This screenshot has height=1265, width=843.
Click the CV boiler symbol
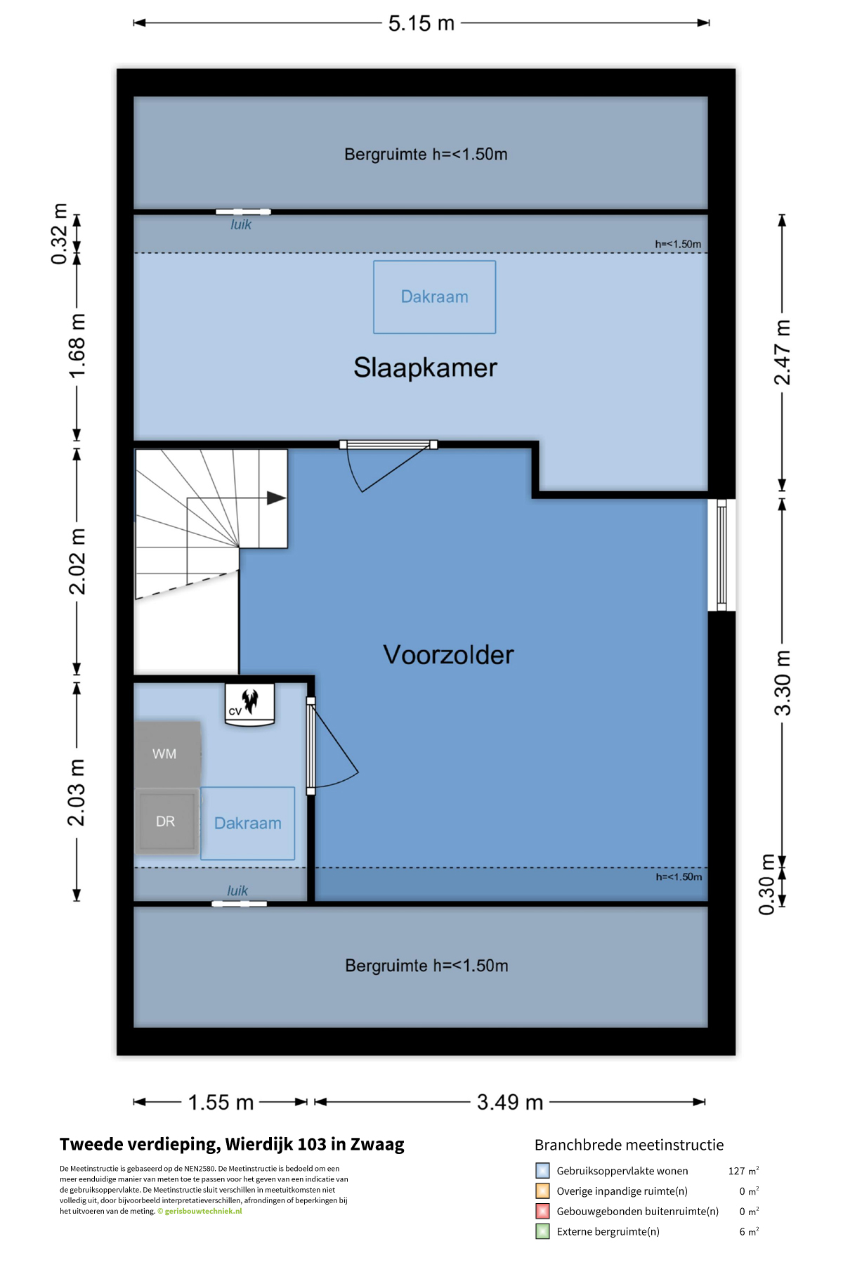[x=249, y=703]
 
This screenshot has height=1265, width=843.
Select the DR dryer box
[x=166, y=821]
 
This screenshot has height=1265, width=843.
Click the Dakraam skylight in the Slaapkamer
[x=435, y=297]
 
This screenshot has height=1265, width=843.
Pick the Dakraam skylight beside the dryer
[x=248, y=823]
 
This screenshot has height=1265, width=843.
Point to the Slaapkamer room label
[x=425, y=368]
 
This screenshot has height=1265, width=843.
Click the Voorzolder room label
[x=448, y=655]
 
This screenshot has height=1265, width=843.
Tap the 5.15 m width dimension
[x=421, y=23]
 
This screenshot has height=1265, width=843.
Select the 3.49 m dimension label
[x=510, y=1102]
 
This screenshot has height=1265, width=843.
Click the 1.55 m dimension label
[x=221, y=1102]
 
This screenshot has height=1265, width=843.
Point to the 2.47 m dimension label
[x=782, y=352]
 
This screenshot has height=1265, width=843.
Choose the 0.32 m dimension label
[x=60, y=234]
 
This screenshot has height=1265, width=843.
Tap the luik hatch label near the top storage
[x=241, y=224]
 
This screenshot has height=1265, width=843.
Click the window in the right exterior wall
[x=721, y=555]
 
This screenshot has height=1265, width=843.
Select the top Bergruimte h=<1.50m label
[x=426, y=155]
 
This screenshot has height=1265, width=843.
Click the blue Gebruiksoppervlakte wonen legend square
[x=542, y=1170]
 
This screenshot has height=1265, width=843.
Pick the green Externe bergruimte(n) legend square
[x=542, y=1231]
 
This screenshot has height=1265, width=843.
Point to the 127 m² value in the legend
[x=743, y=1171]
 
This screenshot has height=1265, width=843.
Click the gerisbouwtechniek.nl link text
[x=203, y=1211]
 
